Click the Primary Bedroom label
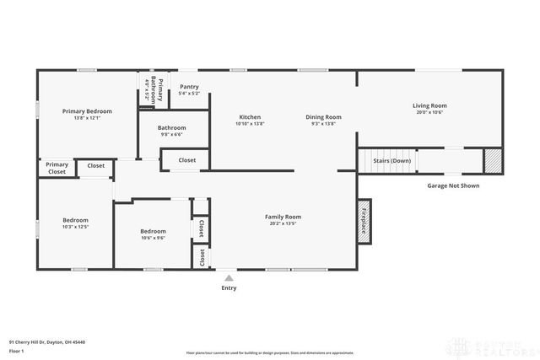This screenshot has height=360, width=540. (87, 110)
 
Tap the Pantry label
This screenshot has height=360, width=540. (189, 86)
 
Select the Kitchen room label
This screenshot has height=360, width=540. (250, 117)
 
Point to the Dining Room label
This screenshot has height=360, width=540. (323, 117)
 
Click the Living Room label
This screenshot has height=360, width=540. (429, 105)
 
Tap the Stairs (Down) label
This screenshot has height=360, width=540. (391, 160)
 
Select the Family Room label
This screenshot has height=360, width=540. (283, 217)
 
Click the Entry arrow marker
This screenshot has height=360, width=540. (229, 277)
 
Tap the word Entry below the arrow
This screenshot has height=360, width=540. (229, 288)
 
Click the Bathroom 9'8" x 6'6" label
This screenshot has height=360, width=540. (172, 128)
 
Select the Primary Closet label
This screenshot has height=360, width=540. (57, 168)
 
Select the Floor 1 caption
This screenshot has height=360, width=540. (17, 350)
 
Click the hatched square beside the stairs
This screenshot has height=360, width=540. (492, 160)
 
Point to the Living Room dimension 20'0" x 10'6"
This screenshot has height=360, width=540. (429, 112)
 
